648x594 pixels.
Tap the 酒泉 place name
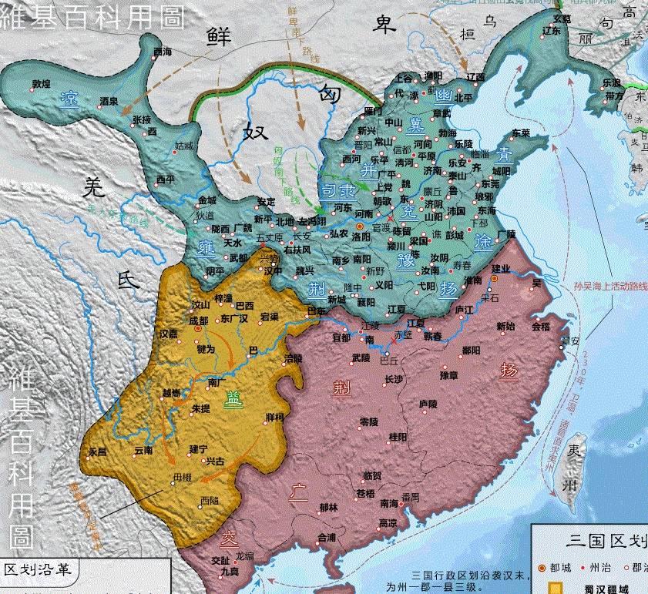pos(109,100)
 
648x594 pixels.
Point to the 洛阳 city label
pos(361,237)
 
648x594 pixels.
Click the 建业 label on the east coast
pos(502,267)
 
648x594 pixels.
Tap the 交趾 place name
pos(220,561)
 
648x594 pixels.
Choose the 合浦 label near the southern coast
pos(327,537)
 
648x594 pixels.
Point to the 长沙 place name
pos(393,378)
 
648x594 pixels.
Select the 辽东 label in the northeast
pos(552,30)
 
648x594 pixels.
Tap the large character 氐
pos(129,282)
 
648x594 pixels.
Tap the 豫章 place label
pos(449,375)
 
